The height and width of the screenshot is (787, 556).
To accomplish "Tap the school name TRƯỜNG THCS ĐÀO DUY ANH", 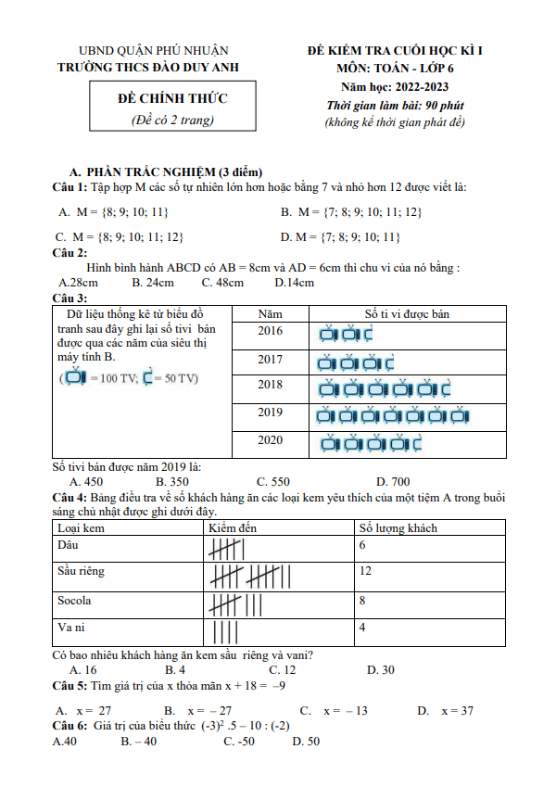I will coord(154,68).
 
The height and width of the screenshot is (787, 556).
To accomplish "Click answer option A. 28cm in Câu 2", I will coord(79,282).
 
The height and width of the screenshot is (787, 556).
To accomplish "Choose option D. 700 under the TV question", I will coord(393,481).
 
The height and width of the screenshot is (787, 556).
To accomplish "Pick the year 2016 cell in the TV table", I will coord(271,331).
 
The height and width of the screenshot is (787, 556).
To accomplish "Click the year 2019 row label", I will coord(271,413).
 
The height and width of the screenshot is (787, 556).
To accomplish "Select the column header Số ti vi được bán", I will coord(407,313).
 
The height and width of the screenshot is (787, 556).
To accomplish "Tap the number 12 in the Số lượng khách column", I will coord(366,571).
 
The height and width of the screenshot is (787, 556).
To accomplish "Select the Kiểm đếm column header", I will coord(233,527).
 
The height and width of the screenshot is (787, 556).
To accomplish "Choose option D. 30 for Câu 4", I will coord(381,669).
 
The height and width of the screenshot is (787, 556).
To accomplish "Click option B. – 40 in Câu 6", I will coord(138,742).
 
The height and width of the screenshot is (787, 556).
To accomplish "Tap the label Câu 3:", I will coord(70,298).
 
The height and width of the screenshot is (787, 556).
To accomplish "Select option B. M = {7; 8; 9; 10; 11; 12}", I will coord(351,212).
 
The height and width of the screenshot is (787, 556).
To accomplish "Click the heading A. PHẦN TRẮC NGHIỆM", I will coord(166,172).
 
